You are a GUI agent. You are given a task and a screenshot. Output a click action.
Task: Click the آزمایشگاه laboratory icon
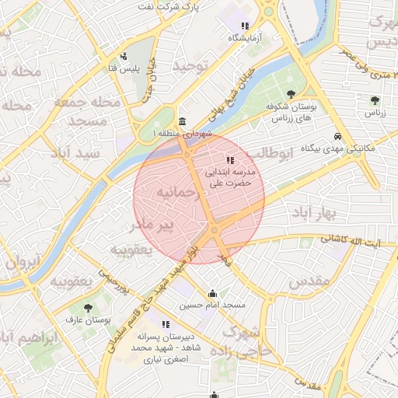[x=246, y=26]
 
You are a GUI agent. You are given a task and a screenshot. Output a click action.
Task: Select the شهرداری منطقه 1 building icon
[x=182, y=122]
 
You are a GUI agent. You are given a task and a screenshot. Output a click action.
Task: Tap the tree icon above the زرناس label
[x=375, y=100]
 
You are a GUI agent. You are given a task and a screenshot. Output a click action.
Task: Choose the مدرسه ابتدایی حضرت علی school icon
[x=229, y=161]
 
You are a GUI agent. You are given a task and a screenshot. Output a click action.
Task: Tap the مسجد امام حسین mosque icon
[x=212, y=294]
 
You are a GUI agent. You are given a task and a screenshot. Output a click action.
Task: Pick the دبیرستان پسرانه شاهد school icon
[x=165, y=324]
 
